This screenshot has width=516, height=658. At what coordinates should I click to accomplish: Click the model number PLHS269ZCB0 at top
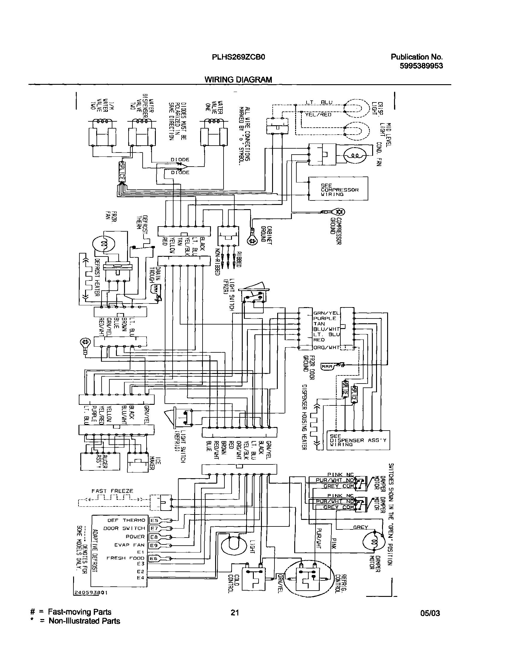(x=238, y=57)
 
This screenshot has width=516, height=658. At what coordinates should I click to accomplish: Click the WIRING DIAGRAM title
(x=238, y=80)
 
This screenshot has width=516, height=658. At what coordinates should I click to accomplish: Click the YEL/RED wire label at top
(x=318, y=115)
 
